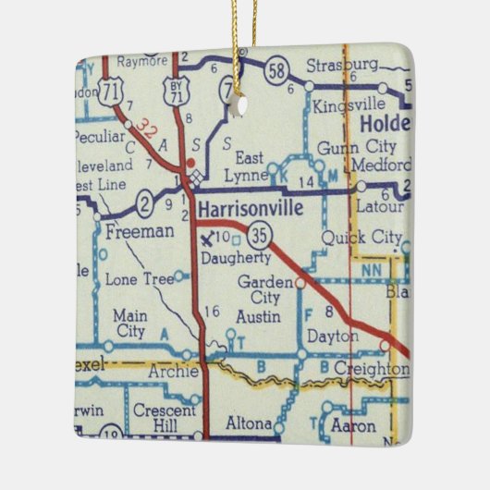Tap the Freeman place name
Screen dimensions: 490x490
(140, 231)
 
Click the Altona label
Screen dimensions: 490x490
(249, 426)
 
